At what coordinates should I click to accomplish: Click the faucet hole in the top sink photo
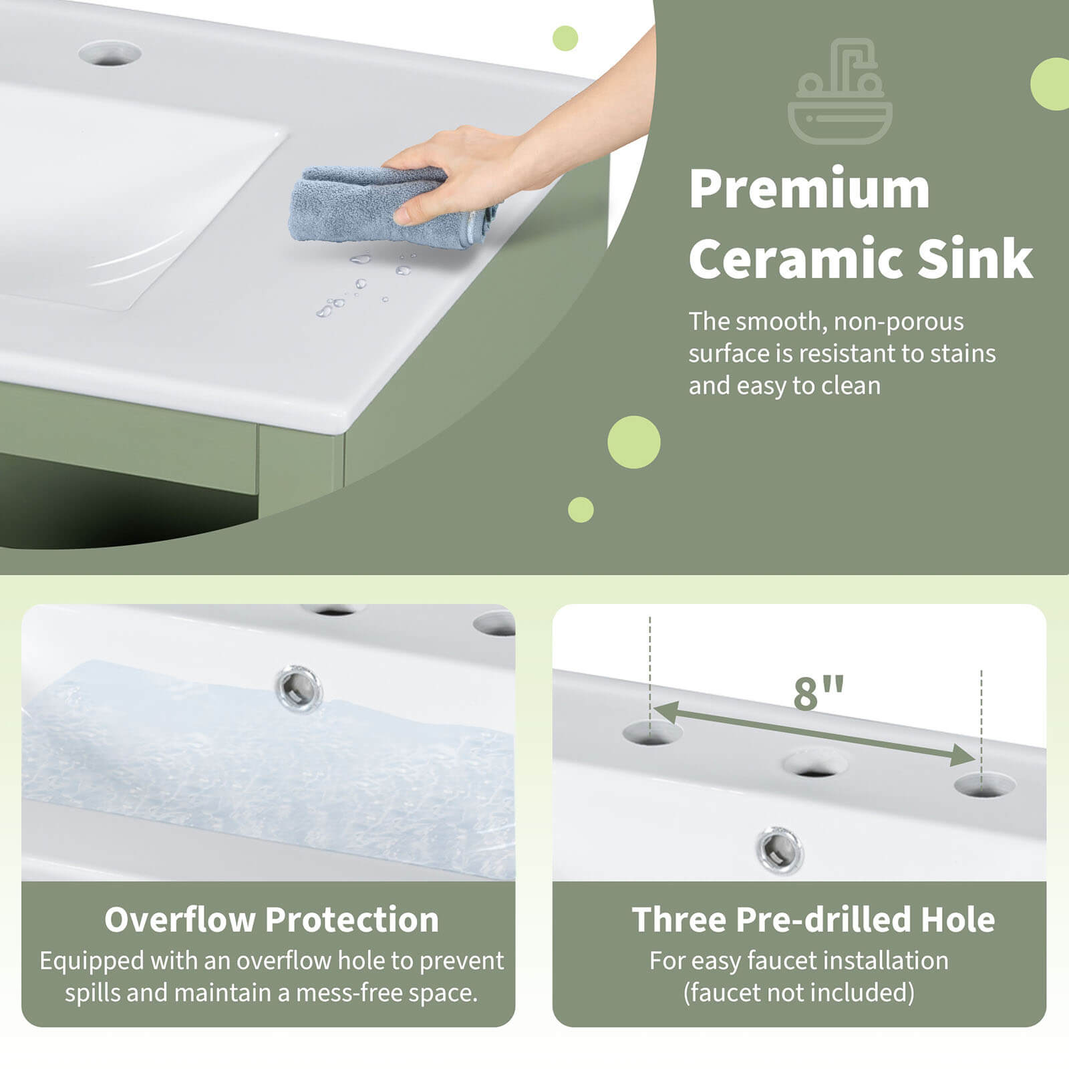coord(110,53)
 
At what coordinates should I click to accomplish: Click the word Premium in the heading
coord(809,189)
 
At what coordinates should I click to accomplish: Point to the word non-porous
coord(899,322)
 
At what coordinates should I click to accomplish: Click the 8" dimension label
coord(818,693)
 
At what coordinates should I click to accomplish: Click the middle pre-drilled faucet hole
coord(815,763)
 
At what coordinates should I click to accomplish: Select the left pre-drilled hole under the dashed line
coord(651,733)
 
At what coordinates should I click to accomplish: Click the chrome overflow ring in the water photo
coord(299,687)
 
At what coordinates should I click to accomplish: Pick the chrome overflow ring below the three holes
coord(780,850)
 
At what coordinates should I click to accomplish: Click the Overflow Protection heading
coord(271,919)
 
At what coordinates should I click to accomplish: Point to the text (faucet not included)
coord(798,993)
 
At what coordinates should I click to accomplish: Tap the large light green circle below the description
coord(633,442)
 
